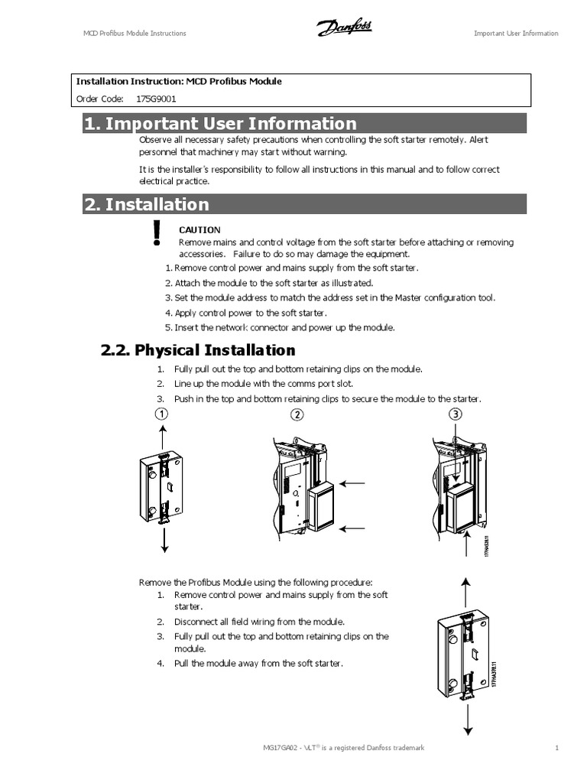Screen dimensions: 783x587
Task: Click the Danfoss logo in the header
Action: (344, 29)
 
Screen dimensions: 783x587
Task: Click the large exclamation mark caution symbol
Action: (157, 232)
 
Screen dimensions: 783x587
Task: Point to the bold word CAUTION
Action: (199, 229)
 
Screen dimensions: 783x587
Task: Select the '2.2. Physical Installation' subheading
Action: (198, 350)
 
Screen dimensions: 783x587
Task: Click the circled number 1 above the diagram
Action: (162, 414)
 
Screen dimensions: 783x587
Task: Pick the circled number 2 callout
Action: (297, 414)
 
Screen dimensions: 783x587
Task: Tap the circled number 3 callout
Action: (455, 414)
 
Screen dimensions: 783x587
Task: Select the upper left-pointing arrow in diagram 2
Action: (355, 483)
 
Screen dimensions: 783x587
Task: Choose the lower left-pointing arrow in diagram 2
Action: (355, 528)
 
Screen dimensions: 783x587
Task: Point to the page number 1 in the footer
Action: (557, 747)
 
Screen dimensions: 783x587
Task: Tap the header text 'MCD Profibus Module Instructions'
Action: (135, 33)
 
